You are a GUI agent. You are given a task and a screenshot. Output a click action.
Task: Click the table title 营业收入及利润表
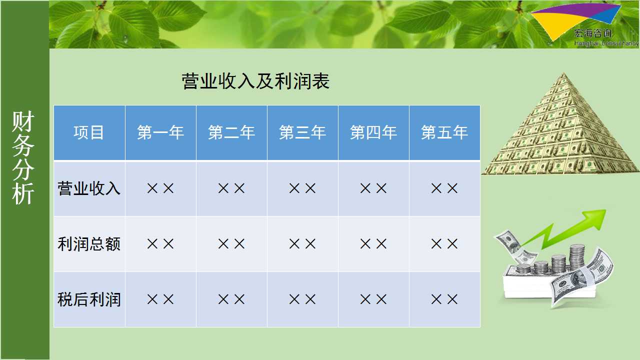(x=255, y=81)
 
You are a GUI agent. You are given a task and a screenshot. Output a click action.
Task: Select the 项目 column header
(x=89, y=132)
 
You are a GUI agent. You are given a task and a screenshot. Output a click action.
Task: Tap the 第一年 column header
(x=160, y=132)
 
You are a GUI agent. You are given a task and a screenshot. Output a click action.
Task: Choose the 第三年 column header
(x=302, y=132)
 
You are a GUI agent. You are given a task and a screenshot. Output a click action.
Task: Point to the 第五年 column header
(x=444, y=132)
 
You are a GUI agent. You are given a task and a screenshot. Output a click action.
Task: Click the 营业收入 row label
(x=89, y=188)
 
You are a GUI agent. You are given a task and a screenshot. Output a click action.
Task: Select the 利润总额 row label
(x=89, y=244)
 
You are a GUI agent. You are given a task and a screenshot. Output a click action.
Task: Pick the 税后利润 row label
(x=89, y=299)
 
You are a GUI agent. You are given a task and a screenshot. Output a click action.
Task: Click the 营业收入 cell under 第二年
(x=231, y=188)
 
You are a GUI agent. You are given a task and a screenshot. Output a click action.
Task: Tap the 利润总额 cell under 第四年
(x=373, y=244)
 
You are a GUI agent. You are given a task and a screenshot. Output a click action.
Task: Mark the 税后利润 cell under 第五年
(x=444, y=299)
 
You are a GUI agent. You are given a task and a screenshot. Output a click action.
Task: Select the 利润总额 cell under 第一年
(x=160, y=244)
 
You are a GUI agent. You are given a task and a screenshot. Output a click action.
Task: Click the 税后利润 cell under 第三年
(x=302, y=299)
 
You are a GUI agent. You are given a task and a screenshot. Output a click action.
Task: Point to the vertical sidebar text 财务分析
(x=23, y=157)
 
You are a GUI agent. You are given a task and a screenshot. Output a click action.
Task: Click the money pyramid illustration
(x=560, y=124)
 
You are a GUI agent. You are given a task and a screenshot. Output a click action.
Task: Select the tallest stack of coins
(x=577, y=257)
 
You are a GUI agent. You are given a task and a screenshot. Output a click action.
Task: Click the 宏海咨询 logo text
(x=593, y=33)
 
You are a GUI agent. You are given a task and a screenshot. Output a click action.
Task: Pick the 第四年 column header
(x=373, y=132)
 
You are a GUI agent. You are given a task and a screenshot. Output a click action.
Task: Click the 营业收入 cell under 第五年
(x=444, y=188)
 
